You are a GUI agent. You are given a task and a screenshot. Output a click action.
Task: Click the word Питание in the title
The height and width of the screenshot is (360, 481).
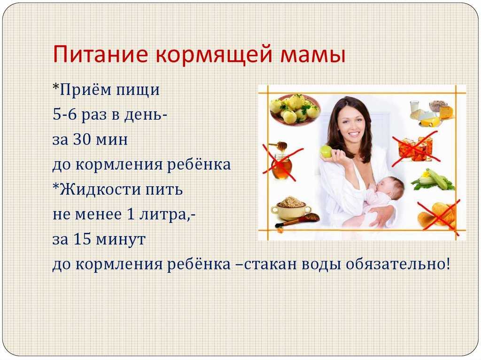click(x=101, y=54)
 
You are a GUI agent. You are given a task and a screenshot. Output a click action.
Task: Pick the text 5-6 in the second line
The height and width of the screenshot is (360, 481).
click(x=64, y=115)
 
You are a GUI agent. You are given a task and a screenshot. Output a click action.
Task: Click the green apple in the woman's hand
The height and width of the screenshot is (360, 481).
click(x=326, y=151)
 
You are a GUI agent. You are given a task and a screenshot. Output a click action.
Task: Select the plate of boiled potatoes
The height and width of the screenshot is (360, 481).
click(x=295, y=109)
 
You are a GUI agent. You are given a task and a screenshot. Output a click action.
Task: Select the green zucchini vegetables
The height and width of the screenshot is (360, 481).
click(x=433, y=181)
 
